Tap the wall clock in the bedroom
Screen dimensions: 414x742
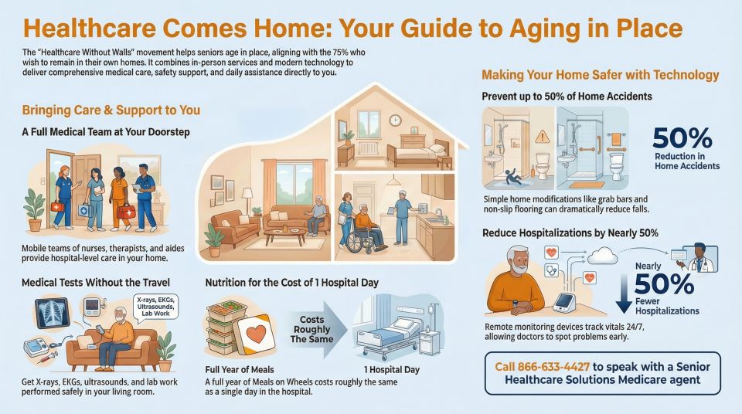pos(395,120)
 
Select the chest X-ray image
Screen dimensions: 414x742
pos(54,315)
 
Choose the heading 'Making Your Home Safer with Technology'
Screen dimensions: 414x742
pos(600,76)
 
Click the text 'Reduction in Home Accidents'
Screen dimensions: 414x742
pos(686,161)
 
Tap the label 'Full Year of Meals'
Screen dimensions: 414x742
pos(240,369)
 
